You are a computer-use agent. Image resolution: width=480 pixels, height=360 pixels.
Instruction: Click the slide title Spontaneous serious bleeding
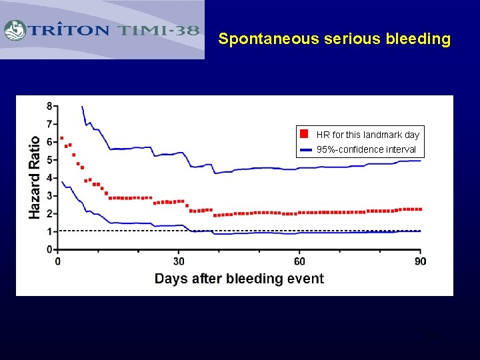(x=334, y=39)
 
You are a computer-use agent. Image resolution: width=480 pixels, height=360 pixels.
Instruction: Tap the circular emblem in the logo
(x=15, y=30)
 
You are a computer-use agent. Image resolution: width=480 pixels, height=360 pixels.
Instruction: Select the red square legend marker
(x=305, y=133)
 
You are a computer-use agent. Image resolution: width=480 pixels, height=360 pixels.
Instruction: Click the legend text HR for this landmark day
(x=367, y=135)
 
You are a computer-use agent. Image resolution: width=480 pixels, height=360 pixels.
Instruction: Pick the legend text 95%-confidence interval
(x=366, y=149)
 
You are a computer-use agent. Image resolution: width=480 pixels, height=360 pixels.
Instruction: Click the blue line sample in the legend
(x=306, y=149)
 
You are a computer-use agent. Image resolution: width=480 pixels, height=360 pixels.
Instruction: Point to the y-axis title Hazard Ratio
(x=34, y=177)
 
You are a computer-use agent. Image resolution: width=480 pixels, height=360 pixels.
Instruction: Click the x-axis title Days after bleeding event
(x=239, y=279)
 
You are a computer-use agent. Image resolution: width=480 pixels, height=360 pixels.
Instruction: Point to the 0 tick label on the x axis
(x=58, y=261)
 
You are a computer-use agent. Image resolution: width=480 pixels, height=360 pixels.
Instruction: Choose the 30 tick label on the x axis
(x=179, y=261)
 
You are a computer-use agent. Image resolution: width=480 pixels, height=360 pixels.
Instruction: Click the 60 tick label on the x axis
(x=300, y=261)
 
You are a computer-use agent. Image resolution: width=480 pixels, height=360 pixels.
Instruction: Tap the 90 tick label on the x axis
(x=420, y=261)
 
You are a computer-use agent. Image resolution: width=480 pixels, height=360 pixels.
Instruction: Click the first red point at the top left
(x=62, y=138)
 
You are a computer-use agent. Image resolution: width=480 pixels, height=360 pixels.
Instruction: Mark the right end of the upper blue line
(x=420, y=161)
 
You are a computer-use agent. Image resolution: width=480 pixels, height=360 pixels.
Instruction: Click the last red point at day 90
(x=420, y=209)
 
